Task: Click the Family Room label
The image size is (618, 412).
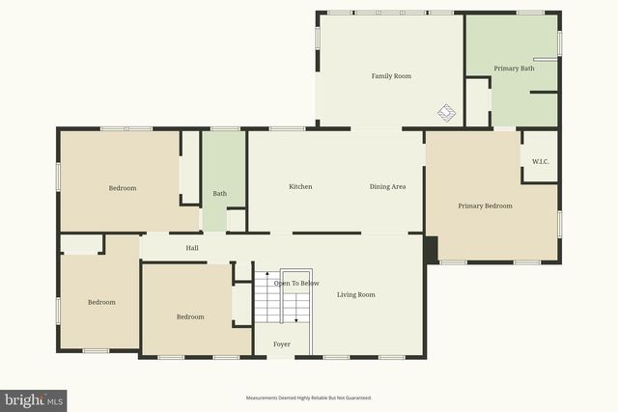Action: coord(392,75)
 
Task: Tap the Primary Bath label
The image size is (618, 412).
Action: coord(514,69)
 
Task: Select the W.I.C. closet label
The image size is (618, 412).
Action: coord(540,161)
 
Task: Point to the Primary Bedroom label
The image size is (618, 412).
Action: coord(485,206)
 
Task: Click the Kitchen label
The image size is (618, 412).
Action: coord(300,186)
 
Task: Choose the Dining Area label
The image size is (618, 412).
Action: coord(387,186)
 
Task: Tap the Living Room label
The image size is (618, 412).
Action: coord(355,294)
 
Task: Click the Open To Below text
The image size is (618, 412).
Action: coord(296,283)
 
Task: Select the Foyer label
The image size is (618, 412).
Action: coord(281,343)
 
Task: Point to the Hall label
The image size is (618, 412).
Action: coord(192,248)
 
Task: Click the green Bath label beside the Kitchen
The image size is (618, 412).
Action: coord(220,194)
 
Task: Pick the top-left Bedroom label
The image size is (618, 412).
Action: coord(122,188)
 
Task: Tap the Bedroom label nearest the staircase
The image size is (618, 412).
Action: coord(189,316)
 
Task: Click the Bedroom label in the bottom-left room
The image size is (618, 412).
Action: coord(101,302)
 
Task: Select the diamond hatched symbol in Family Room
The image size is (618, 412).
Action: coord(445,113)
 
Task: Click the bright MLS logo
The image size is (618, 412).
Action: coord(34,398)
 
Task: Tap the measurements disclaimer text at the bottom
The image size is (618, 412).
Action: coord(308,398)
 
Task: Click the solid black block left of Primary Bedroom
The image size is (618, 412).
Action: coord(431,249)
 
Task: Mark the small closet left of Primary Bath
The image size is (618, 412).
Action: coord(477,102)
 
